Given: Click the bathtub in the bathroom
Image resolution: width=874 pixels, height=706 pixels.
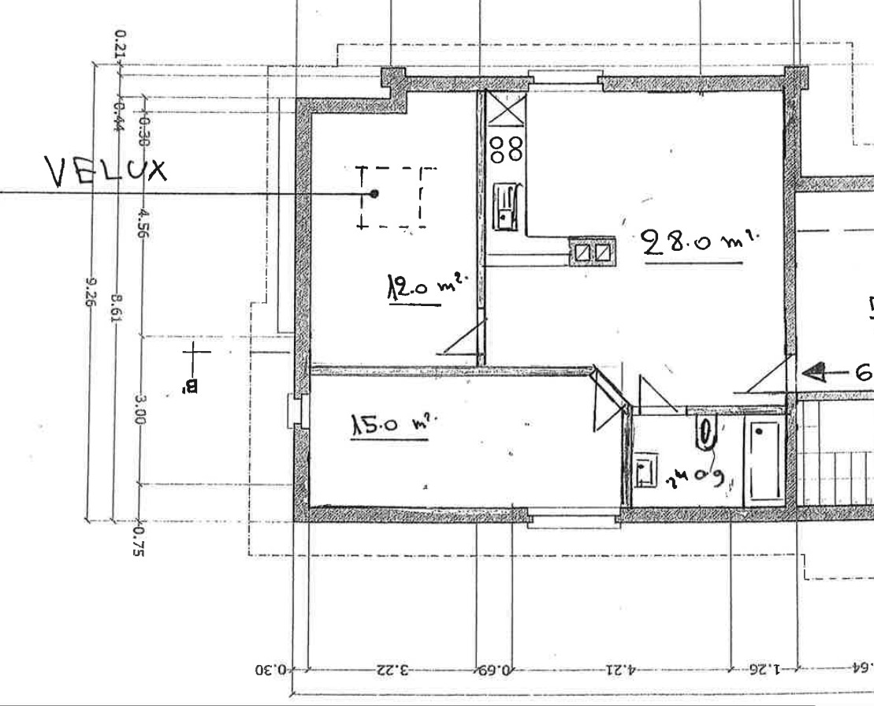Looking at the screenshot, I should pos(764,461).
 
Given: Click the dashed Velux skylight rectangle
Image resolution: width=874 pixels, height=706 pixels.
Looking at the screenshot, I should pos(392,196).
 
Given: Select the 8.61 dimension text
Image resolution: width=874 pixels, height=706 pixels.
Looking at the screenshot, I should pos(116,308).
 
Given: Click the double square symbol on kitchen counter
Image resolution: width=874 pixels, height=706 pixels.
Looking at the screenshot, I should pos(591,252).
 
